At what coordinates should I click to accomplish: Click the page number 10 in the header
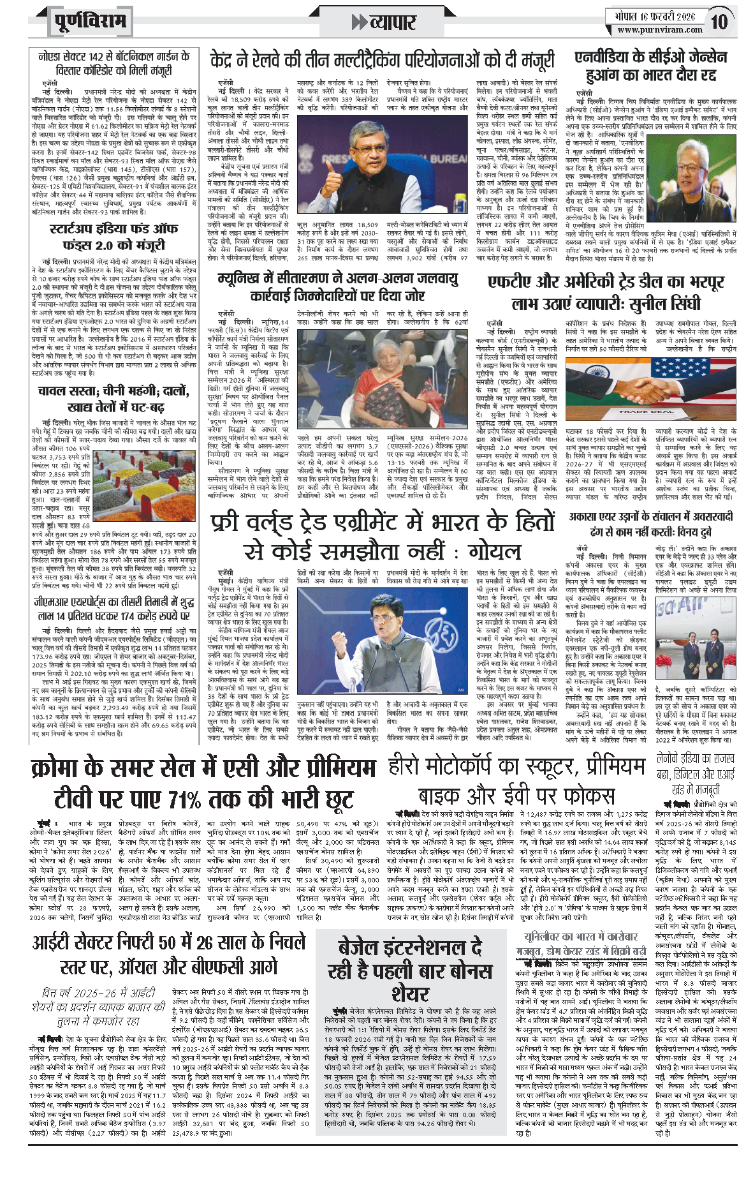719,22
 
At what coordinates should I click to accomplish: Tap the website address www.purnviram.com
660,29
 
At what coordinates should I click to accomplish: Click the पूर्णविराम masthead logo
90,22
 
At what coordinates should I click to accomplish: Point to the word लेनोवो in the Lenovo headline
672,759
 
